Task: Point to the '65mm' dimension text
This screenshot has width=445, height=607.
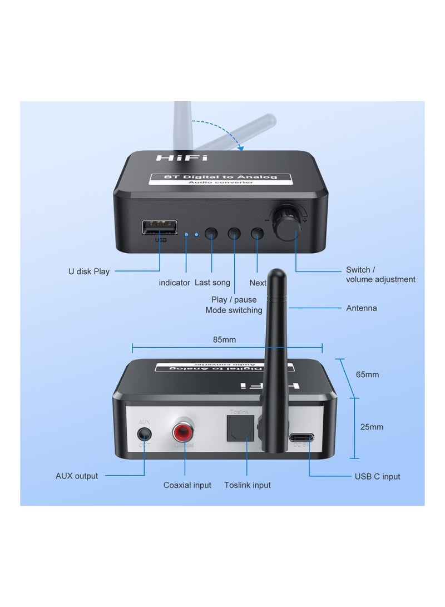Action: (x=367, y=374)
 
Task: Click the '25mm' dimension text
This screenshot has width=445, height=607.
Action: (x=372, y=427)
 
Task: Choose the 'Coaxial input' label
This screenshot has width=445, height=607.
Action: (x=187, y=485)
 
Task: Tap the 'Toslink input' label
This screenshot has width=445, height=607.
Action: (x=247, y=485)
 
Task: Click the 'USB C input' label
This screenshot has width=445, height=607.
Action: (x=377, y=476)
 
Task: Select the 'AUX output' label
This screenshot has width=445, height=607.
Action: (x=77, y=476)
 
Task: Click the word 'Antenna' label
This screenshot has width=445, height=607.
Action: (x=361, y=308)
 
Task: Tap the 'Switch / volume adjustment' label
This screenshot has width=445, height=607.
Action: (x=380, y=274)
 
